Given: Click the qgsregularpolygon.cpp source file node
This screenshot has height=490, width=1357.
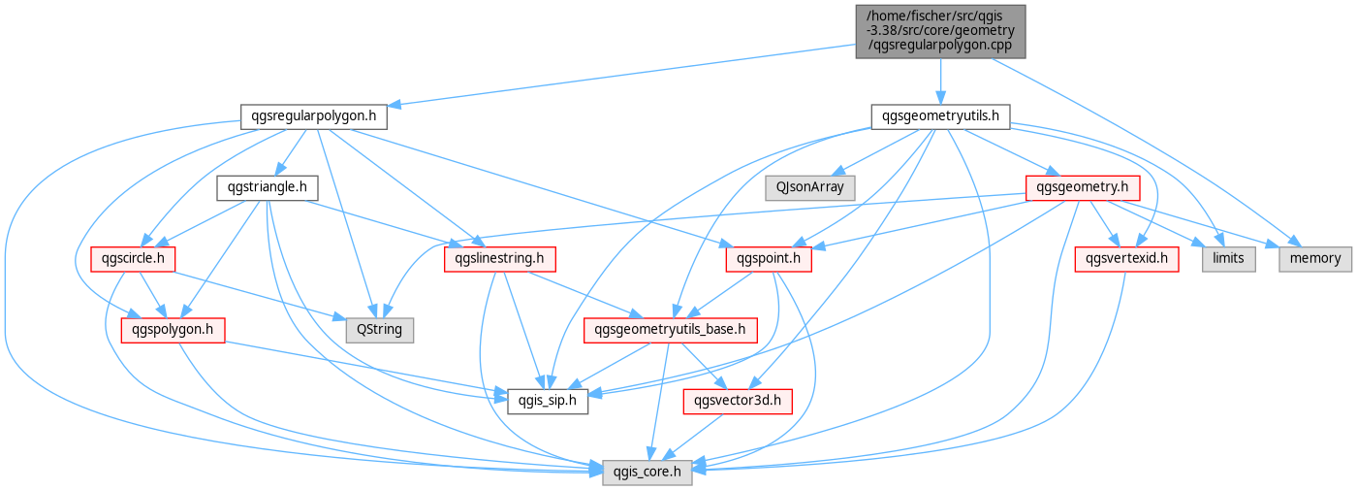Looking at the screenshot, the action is [x=940, y=31].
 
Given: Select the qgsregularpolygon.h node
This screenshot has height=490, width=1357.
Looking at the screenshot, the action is [x=314, y=116].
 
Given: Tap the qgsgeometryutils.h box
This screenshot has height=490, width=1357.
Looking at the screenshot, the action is [x=940, y=116].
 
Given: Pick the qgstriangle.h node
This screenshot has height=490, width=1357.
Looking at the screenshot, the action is [x=268, y=187].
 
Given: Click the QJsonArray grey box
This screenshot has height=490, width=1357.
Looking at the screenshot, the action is [x=810, y=187].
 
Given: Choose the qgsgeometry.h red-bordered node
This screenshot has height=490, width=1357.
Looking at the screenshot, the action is [x=1083, y=187].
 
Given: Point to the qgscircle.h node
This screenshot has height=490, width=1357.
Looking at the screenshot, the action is [x=133, y=259].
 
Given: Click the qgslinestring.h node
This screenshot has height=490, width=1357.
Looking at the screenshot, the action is [x=500, y=259].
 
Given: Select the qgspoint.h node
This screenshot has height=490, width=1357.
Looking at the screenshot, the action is [x=769, y=259].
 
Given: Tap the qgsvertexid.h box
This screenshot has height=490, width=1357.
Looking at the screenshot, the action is [x=1126, y=259].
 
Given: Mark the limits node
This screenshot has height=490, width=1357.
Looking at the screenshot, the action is [x=1229, y=259].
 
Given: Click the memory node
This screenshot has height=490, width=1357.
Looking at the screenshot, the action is [x=1315, y=259].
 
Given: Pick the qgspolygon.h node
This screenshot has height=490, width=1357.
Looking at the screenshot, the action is [x=173, y=330].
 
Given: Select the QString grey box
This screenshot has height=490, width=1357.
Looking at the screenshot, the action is [x=380, y=330].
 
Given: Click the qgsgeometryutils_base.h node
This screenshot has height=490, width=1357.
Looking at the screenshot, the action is [x=670, y=330].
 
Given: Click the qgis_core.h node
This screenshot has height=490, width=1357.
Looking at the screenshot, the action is [x=647, y=473].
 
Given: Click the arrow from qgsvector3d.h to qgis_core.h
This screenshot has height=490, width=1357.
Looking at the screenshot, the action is [x=692, y=438].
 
